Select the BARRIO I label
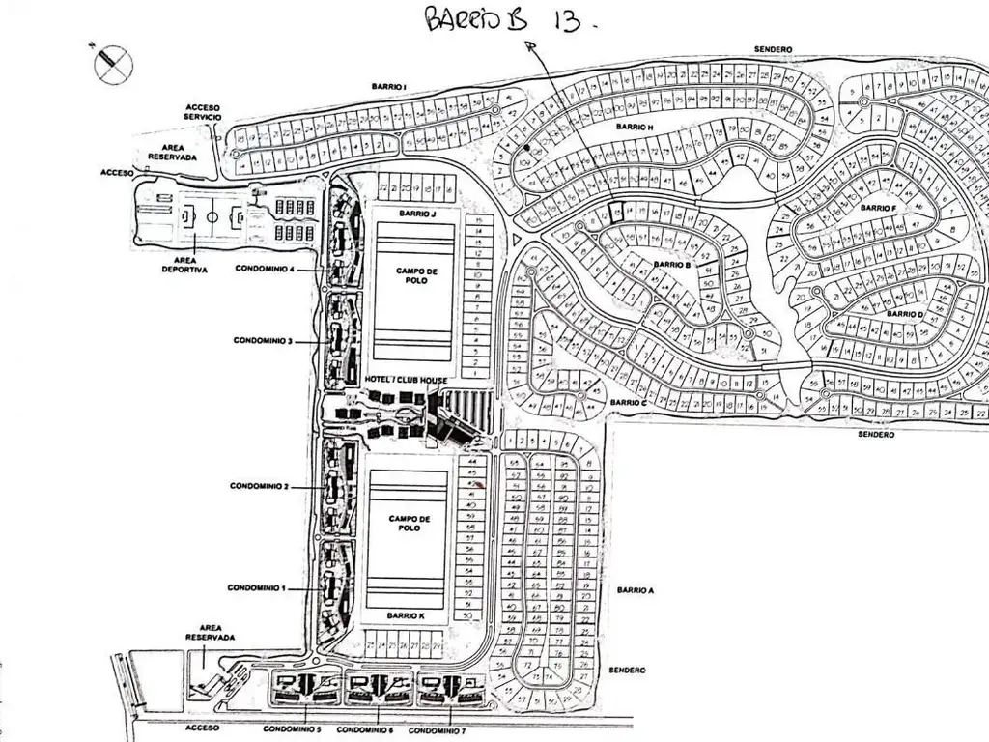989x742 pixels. pos(388,87)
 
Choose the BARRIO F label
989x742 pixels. pos(878,208)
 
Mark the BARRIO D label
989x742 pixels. pos(905,314)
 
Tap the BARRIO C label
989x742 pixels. pos(628,402)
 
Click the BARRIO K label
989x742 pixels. pos(405,615)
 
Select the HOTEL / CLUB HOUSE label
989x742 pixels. pos(406,380)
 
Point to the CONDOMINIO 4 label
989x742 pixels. pos(264,269)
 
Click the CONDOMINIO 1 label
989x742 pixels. pos(257,587)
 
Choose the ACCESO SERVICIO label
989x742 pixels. pos(203,111)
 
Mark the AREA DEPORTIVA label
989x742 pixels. pos(184,265)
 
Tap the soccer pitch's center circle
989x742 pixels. pos(211,216)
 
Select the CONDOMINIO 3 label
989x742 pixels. pos(262,340)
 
